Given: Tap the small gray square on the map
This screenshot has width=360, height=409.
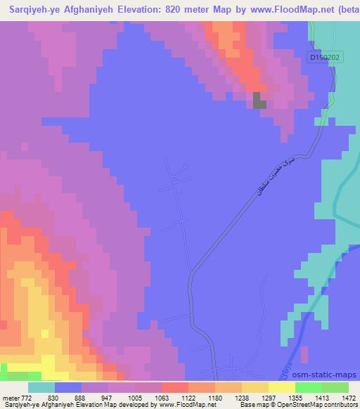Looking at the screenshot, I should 259,100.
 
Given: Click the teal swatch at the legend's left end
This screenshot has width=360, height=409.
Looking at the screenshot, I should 41,387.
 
